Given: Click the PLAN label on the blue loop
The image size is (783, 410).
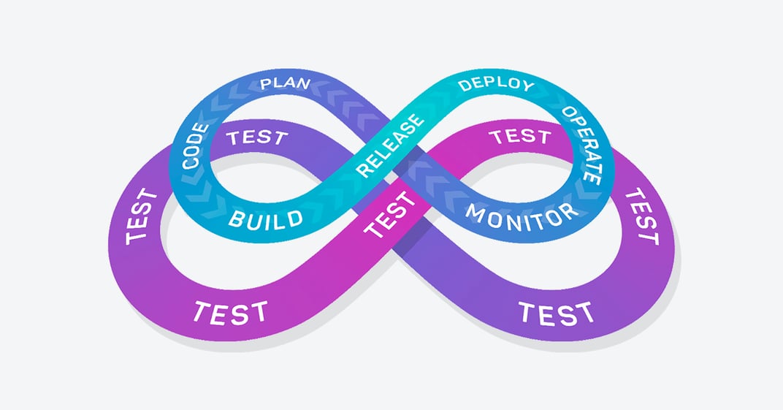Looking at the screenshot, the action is tap(285, 83).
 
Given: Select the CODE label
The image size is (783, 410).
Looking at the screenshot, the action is tap(195, 146).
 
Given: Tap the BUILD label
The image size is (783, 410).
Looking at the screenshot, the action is tap(266, 220).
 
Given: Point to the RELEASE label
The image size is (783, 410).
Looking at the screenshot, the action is tap(390, 145).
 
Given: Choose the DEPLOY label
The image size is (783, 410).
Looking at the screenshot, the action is tap(497, 84).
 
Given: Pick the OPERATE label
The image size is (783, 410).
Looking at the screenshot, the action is tap(582, 145).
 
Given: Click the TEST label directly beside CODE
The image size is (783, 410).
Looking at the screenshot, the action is tap(257, 137).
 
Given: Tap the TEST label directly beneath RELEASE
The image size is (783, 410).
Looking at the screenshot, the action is tap(389, 215).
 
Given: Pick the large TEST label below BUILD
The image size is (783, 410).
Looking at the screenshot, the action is tap(230, 313).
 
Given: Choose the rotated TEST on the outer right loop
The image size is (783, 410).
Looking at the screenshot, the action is tap(642, 216).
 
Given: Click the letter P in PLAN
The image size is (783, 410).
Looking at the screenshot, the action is tap(266, 84).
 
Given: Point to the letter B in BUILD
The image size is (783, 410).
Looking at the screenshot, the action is tap(236, 218).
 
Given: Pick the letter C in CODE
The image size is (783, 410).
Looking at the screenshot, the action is tap(191, 163).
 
